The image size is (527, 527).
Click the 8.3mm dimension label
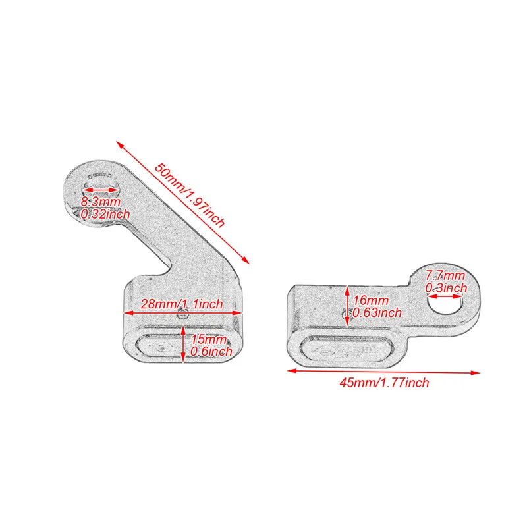tap(101, 202)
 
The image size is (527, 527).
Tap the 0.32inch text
tap(105, 214)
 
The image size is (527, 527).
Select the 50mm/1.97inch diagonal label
tap(190, 195)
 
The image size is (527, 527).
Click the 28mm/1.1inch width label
tap(182, 304)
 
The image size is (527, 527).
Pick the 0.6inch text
tap(211, 351)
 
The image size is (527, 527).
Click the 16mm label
tap(370, 300)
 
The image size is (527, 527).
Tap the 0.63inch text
tap(377, 312)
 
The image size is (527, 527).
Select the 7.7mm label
tap(445, 275)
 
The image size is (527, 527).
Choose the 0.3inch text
tap(446, 288)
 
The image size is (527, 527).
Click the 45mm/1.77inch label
tap(384, 383)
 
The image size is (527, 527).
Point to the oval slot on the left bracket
tap(183, 347)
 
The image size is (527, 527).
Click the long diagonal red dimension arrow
tap(183, 202)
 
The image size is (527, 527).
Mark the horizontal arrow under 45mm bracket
tap(383, 372)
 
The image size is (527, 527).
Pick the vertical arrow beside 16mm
tap(347, 306)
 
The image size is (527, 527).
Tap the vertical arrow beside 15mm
tap(183, 343)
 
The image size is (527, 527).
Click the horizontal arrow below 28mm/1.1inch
tap(183, 313)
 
